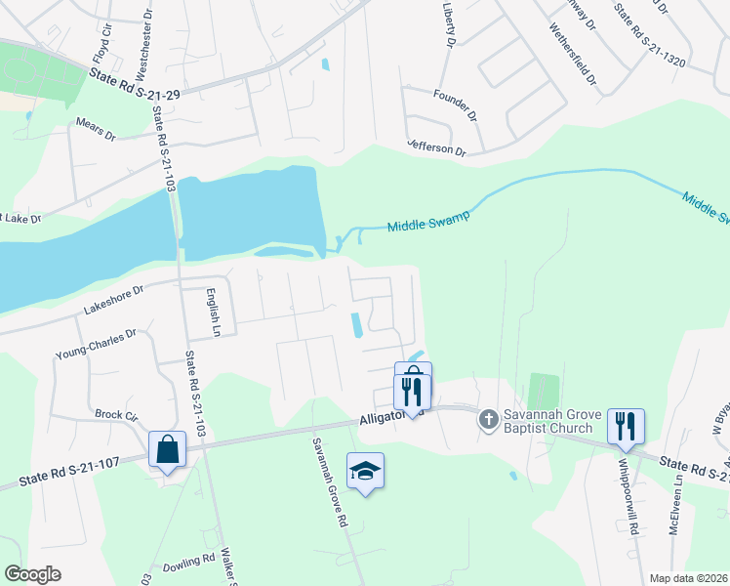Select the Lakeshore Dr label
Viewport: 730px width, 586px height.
point(113,297)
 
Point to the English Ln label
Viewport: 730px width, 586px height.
point(216,312)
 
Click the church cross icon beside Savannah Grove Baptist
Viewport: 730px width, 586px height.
point(488,420)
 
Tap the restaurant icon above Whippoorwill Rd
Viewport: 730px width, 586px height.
point(625,425)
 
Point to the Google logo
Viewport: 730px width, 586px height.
point(33,574)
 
